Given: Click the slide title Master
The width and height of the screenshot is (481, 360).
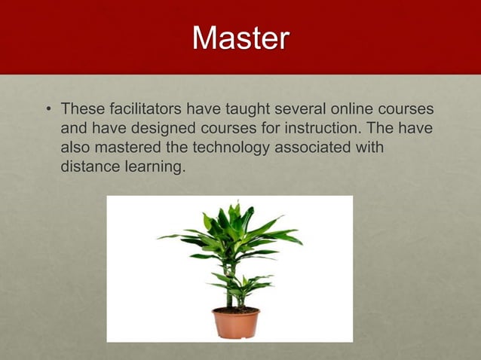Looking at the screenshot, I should (x=240, y=38).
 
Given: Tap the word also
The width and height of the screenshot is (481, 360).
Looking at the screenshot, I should (x=75, y=148).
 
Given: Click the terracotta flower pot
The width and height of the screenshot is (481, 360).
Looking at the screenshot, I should (x=235, y=322).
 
